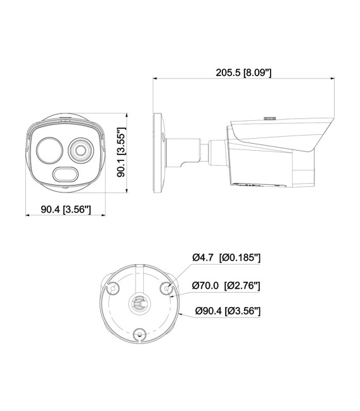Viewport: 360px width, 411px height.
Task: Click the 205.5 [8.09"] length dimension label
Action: (243, 73)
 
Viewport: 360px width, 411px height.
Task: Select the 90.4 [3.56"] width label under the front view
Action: (66, 210)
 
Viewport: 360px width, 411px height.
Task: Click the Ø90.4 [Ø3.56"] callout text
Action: (228, 311)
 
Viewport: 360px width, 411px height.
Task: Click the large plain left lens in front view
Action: (49, 151)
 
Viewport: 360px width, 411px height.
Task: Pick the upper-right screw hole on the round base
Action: (167, 288)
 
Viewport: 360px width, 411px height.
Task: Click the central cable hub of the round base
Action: (139, 304)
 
